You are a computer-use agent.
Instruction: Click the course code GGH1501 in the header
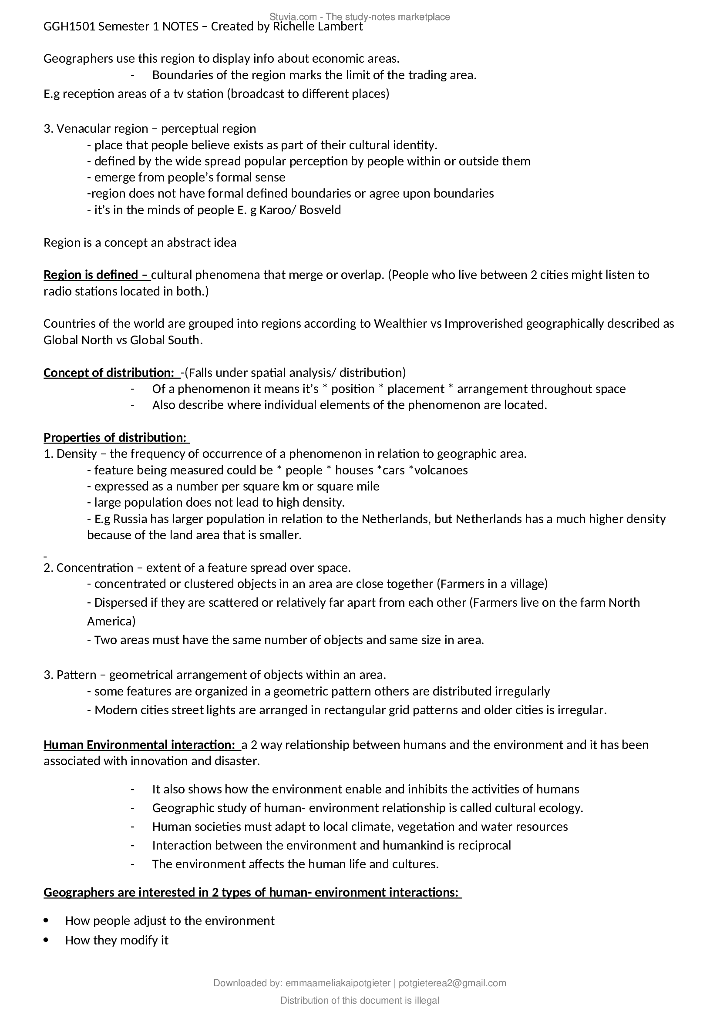coord(69,27)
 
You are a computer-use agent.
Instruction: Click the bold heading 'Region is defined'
coord(97,275)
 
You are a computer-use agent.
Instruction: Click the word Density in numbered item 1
coord(77,454)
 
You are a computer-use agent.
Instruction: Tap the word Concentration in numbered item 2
coord(95,568)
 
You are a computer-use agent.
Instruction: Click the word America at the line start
coord(111,621)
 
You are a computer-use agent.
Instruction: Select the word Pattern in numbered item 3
coord(76,675)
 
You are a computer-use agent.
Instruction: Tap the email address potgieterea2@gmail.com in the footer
coord(452,983)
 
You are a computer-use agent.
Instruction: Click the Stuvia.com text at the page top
coord(293,17)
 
